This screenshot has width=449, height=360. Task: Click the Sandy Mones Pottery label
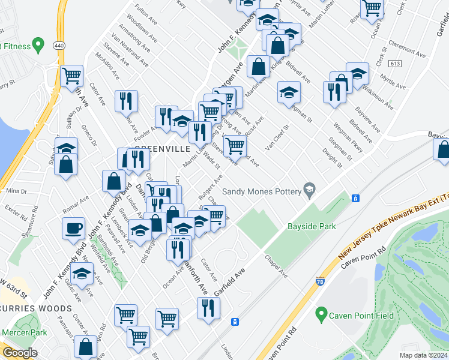[x=262, y=191]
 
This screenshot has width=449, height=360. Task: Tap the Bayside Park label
[x=311, y=226]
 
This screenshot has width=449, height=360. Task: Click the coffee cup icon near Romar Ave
[x=73, y=228]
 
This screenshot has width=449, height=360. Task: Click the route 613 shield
[x=394, y=63]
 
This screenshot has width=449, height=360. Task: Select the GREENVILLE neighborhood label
[x=163, y=148]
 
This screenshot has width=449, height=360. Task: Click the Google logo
[x=20, y=353]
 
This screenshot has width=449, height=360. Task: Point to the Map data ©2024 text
[x=423, y=355]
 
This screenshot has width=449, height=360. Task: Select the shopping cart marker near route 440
[x=72, y=76]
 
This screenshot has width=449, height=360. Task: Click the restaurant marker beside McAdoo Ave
[x=126, y=101]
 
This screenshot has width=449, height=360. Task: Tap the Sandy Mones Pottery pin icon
[x=309, y=190]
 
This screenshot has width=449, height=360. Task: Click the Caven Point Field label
[x=356, y=315]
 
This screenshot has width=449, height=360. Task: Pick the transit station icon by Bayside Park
[x=355, y=199]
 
